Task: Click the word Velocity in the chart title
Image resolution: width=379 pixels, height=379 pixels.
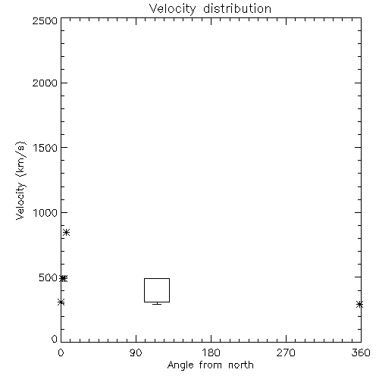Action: [x=172, y=9]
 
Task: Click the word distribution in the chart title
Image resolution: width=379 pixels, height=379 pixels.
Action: [x=237, y=8]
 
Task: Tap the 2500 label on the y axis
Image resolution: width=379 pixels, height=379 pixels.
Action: [x=45, y=20]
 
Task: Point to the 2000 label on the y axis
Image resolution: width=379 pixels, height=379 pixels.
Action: [x=45, y=83]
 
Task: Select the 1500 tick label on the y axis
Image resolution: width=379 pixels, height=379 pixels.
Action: [x=45, y=148]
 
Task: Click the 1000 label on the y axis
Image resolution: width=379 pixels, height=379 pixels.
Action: [x=45, y=213]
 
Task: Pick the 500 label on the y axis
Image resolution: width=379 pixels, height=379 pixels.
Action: [x=48, y=277]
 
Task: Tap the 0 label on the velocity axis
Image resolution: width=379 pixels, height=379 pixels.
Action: [x=55, y=339]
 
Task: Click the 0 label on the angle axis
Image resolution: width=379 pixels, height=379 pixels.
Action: [x=61, y=352]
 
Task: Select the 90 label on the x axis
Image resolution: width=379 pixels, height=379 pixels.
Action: [x=136, y=352]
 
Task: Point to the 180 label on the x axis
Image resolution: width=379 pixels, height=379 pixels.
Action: [x=211, y=352]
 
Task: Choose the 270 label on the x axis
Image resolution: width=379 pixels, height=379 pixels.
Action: [x=286, y=352]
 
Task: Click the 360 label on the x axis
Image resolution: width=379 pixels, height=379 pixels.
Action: [x=361, y=352]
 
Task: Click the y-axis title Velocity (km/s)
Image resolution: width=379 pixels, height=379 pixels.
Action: [x=20, y=181]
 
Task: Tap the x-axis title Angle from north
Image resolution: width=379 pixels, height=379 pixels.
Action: [x=210, y=365]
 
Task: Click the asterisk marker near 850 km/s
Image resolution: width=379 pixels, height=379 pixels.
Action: [x=66, y=233]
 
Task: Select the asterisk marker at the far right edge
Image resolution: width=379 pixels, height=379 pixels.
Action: [x=360, y=305]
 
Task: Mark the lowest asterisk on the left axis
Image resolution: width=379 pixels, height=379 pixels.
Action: [x=61, y=302]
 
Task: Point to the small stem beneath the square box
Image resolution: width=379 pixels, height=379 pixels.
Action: [x=157, y=303]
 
